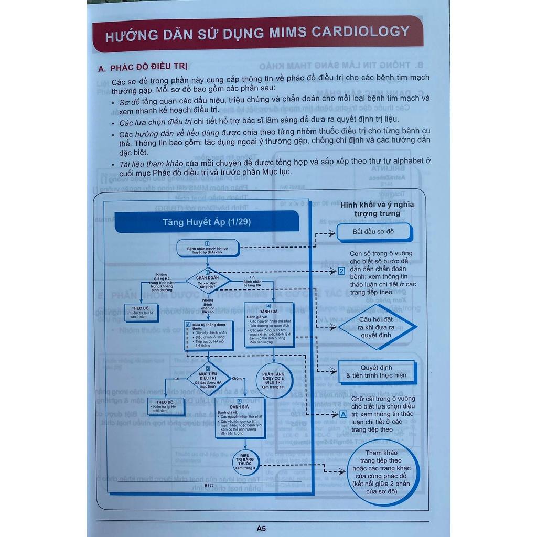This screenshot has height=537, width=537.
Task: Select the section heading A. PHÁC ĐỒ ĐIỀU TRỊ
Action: pos(143,68)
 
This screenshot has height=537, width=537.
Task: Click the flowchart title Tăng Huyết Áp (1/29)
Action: pos(207,221)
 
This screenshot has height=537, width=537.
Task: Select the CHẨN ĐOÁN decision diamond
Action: pos(208,280)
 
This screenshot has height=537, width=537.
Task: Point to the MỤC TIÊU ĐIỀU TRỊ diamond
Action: pos(207,378)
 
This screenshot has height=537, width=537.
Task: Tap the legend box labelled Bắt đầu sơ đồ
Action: pos(373,231)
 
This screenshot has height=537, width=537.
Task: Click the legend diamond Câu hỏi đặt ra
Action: pos(377,327)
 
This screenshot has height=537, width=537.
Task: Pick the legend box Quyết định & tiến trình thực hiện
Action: pos(376,371)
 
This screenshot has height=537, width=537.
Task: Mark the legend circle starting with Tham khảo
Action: pos(381,472)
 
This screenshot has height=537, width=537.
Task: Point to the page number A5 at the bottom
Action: pos(261,528)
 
